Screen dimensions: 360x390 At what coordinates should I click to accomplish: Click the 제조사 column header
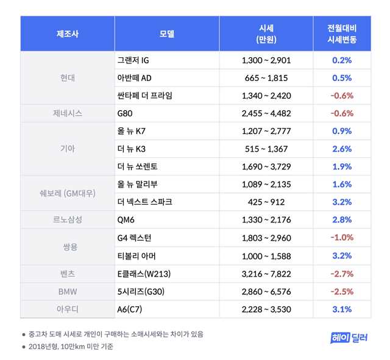tap(68, 34)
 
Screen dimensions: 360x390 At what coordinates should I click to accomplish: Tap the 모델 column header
tap(166, 34)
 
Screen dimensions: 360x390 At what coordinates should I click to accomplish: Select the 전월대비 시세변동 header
tap(342, 34)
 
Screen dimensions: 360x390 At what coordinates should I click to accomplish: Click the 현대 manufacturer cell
tap(68, 78)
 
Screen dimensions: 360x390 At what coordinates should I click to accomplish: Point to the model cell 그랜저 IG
tap(132, 60)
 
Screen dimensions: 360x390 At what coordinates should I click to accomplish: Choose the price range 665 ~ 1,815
tap(266, 78)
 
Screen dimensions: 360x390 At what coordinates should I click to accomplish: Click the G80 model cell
tap(126, 113)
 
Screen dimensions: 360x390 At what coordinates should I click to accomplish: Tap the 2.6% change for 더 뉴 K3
tap(342, 149)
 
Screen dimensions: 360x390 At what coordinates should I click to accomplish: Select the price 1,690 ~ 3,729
tap(266, 166)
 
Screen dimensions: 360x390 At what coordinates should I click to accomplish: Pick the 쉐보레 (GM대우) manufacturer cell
tap(68, 193)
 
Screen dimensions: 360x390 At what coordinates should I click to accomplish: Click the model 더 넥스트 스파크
tap(144, 202)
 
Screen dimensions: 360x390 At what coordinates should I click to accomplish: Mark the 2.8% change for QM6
tap(342, 219)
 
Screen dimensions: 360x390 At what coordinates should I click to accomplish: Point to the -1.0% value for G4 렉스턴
tap(342, 238)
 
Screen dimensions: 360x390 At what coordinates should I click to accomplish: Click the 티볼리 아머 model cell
tap(136, 255)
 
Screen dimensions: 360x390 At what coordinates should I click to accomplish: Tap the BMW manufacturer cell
tap(68, 291)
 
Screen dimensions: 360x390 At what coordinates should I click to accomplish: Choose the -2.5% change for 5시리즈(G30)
tap(342, 291)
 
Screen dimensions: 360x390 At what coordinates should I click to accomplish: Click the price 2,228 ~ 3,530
tap(266, 309)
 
